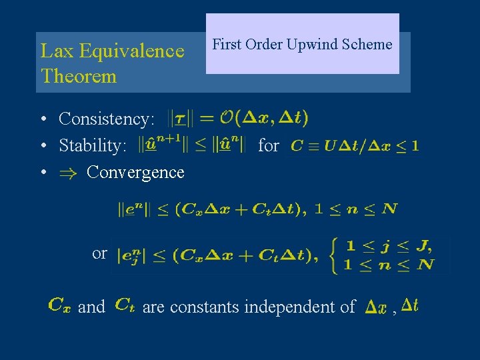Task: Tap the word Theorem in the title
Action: tap(79, 76)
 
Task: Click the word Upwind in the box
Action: tap(312, 45)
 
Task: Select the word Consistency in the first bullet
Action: tap(106, 119)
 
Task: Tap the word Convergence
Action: tap(135, 172)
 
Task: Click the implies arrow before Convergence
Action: tap(69, 172)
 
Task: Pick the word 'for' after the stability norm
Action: tap(268, 145)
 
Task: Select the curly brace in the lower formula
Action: tap(334, 255)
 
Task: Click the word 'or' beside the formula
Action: tap(99, 253)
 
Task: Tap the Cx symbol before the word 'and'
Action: tap(58, 306)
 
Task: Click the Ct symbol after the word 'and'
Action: tap(125, 305)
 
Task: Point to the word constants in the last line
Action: tap(205, 307)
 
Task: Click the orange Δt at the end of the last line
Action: tap(410, 305)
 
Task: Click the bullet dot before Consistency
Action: tap(42, 120)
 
